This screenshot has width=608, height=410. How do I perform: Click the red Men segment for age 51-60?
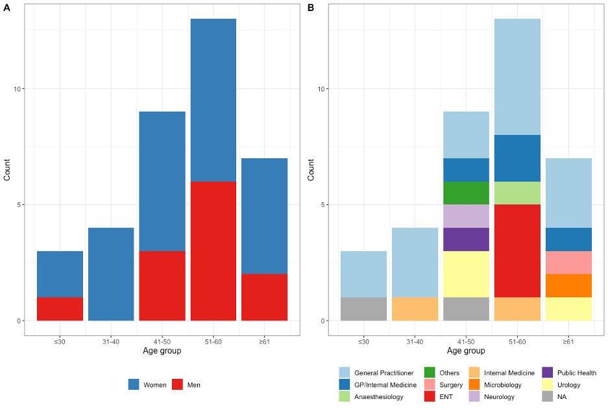tap(213, 251)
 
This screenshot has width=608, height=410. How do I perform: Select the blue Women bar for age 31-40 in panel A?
tap(111, 274)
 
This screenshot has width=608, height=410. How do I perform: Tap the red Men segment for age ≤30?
tap(60, 309)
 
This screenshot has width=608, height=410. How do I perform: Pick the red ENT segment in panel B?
tap(517, 251)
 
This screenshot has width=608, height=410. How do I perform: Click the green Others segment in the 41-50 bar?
tap(466, 193)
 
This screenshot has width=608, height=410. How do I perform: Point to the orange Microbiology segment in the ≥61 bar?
tap(568, 285)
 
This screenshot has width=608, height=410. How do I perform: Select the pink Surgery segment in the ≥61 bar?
tap(568, 262)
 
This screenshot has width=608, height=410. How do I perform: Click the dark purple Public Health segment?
tap(466, 239)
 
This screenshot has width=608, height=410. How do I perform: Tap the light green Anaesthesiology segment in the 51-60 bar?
tap(517, 193)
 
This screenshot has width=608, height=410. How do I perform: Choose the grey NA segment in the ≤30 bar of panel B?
tap(363, 309)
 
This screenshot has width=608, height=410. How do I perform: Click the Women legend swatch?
tap(134, 385)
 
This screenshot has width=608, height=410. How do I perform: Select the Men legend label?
tap(193, 385)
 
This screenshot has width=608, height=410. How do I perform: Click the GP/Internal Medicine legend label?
tap(385, 385)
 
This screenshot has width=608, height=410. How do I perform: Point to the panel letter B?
tap(311, 8)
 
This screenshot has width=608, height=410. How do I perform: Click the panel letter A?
tap(6, 8)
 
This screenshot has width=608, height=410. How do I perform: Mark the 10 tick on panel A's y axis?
tap(18, 89)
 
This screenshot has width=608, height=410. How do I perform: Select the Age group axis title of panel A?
tap(162, 351)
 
